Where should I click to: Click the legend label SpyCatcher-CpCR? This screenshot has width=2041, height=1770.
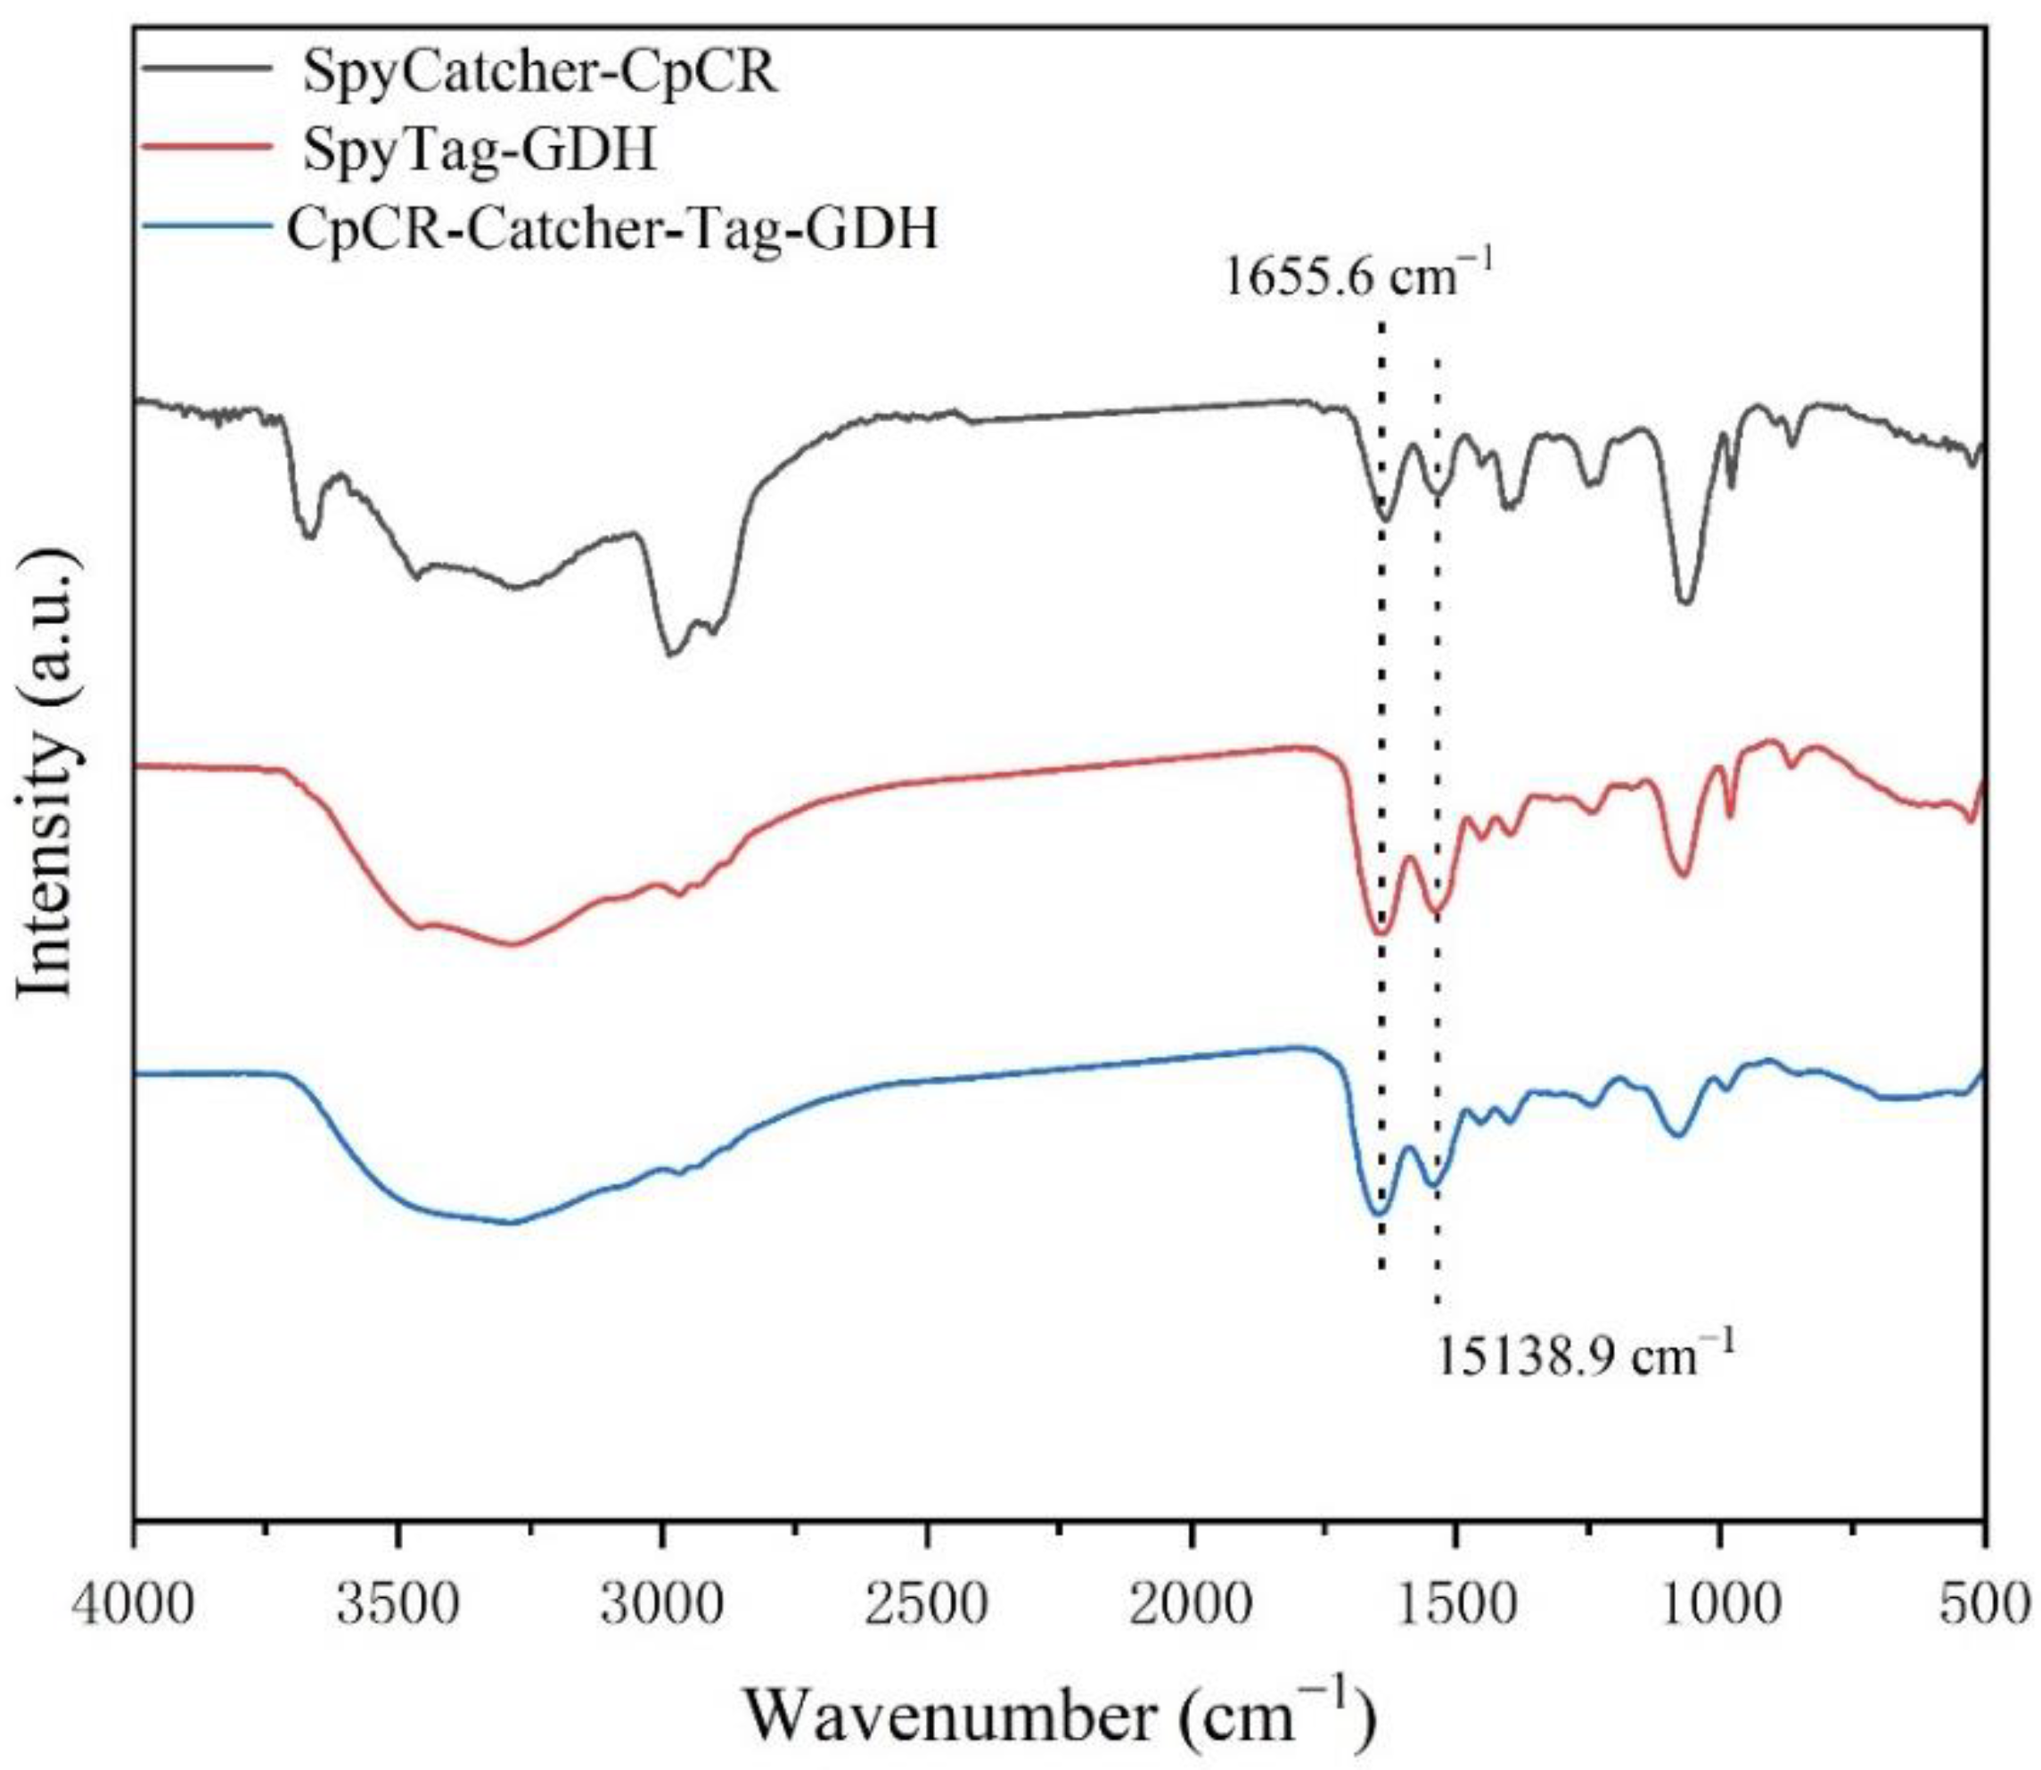click(x=540, y=74)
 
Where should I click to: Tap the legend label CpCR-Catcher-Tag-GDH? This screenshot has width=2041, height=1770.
click(x=612, y=229)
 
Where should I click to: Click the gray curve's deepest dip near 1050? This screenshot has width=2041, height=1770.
click(x=1685, y=600)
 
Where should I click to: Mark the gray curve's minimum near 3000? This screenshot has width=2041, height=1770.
click(x=670, y=653)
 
